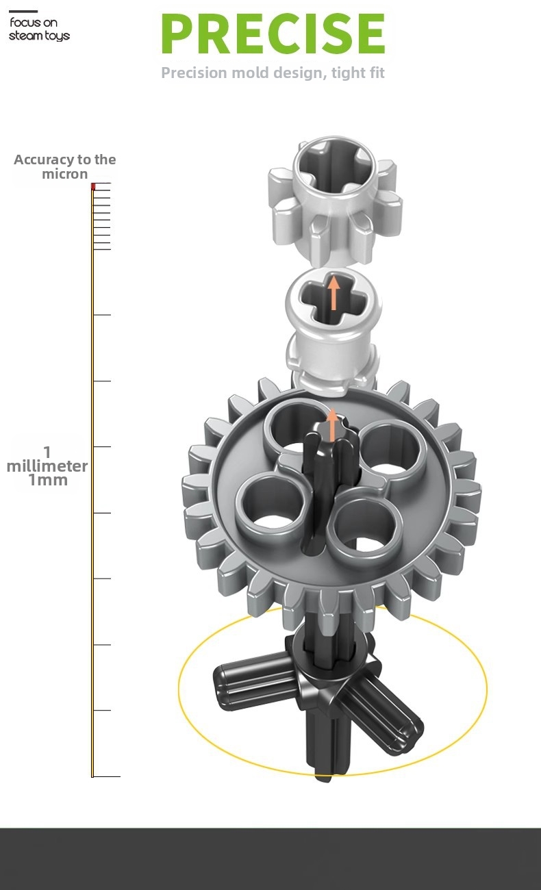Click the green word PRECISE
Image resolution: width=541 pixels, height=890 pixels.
pos(273,33)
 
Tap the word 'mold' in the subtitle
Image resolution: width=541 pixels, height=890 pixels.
pos(251,73)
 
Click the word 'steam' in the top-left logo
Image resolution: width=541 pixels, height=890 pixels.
pos(23,36)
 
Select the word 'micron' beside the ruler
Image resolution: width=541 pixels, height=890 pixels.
pos(65,174)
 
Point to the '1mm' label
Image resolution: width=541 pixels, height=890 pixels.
pos(48,480)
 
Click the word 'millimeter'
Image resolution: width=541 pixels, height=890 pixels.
pos(47,466)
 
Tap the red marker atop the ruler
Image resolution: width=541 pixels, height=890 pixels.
pos(93,186)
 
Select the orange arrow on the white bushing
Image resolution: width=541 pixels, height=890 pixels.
pos(334,293)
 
